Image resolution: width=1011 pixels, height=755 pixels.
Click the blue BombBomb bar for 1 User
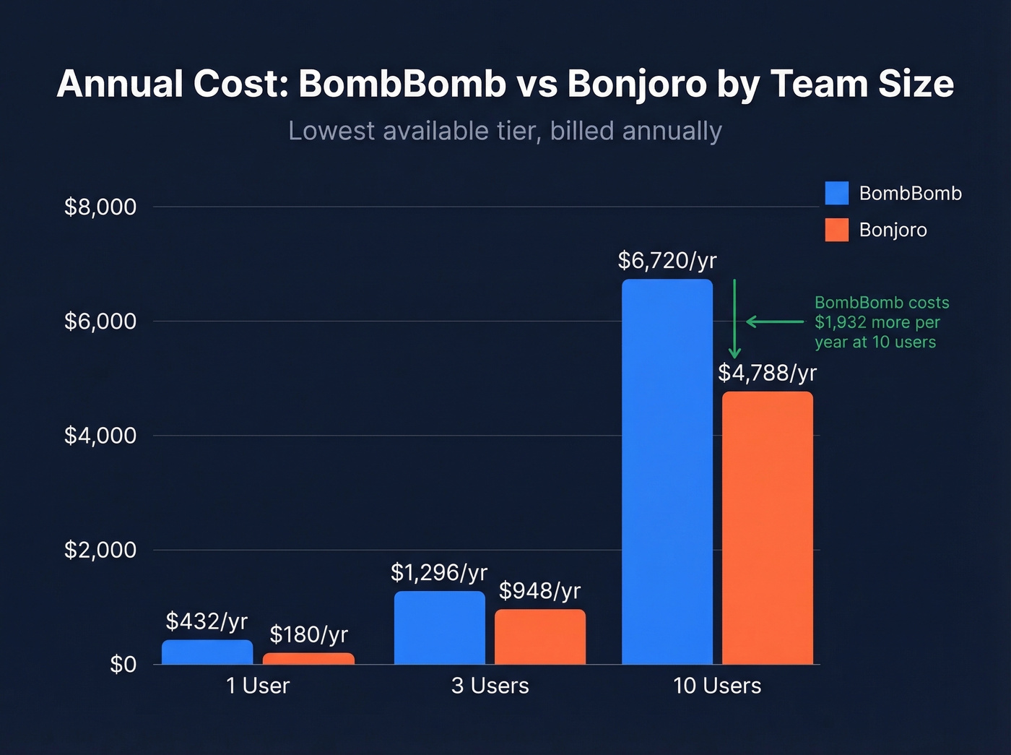pyautogui.click(x=207, y=652)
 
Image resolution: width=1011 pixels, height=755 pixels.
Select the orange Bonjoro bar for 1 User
pyautogui.click(x=308, y=658)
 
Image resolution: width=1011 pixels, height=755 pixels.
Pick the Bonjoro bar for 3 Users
pyautogui.click(x=539, y=637)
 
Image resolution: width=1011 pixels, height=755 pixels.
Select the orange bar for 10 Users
pyautogui.click(x=767, y=527)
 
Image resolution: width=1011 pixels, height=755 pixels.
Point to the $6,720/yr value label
pyautogui.click(x=667, y=261)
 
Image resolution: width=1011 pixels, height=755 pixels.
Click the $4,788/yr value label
pyautogui.click(x=767, y=373)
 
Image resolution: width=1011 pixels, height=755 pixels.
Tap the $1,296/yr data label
pyautogui.click(x=439, y=573)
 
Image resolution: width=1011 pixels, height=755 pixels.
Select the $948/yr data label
pyautogui.click(x=539, y=591)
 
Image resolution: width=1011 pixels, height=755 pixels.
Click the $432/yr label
pyautogui.click(x=207, y=621)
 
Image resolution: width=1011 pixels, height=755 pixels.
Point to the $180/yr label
pyautogui.click(x=308, y=634)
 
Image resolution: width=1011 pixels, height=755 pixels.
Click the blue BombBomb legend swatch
pyautogui.click(x=836, y=193)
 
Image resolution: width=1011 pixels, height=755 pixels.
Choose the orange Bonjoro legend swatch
pyautogui.click(x=836, y=230)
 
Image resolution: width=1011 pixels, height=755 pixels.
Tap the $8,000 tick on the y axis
pyautogui.click(x=100, y=207)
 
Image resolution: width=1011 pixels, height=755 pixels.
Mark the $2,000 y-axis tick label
pyautogui.click(x=100, y=550)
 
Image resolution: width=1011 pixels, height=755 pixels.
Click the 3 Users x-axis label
pyautogui.click(x=490, y=686)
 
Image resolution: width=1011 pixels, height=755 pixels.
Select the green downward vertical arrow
pyautogui.click(x=734, y=318)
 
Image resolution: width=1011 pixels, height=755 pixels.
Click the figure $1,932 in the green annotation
pyautogui.click(x=841, y=322)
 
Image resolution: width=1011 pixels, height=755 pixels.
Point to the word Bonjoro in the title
pyautogui.click(x=636, y=84)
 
